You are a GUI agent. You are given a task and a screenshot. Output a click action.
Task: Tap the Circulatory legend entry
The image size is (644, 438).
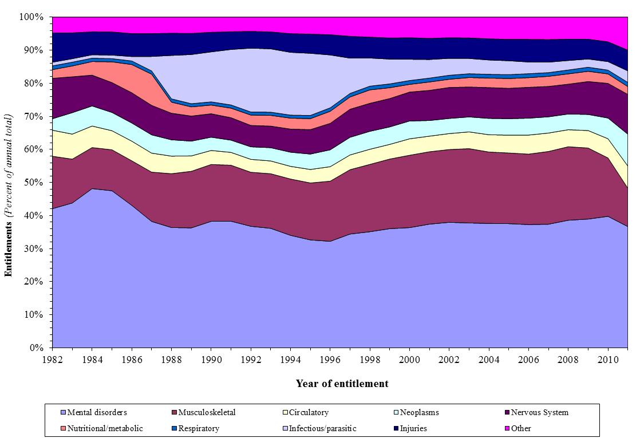point(309,412)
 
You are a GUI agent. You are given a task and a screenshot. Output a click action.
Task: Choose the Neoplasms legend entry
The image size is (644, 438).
point(419,412)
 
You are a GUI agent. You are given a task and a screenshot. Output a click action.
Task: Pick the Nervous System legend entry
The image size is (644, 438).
point(539,412)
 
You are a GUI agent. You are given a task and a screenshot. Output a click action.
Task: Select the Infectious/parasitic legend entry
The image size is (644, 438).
point(322,428)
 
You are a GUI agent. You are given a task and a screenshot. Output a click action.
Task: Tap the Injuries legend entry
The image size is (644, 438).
point(413,428)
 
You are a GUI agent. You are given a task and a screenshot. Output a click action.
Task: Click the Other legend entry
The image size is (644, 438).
point(521,428)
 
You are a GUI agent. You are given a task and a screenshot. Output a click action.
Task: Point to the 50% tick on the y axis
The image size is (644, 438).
point(36,183)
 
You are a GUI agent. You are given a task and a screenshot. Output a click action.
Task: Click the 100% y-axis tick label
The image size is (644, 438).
point(32,17)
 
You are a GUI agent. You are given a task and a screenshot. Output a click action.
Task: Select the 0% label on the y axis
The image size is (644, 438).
point(38,348)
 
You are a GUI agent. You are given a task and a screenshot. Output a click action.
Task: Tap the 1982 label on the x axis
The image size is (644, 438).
point(52,359)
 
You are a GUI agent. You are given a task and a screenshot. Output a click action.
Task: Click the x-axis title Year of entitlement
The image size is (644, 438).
point(342,384)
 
